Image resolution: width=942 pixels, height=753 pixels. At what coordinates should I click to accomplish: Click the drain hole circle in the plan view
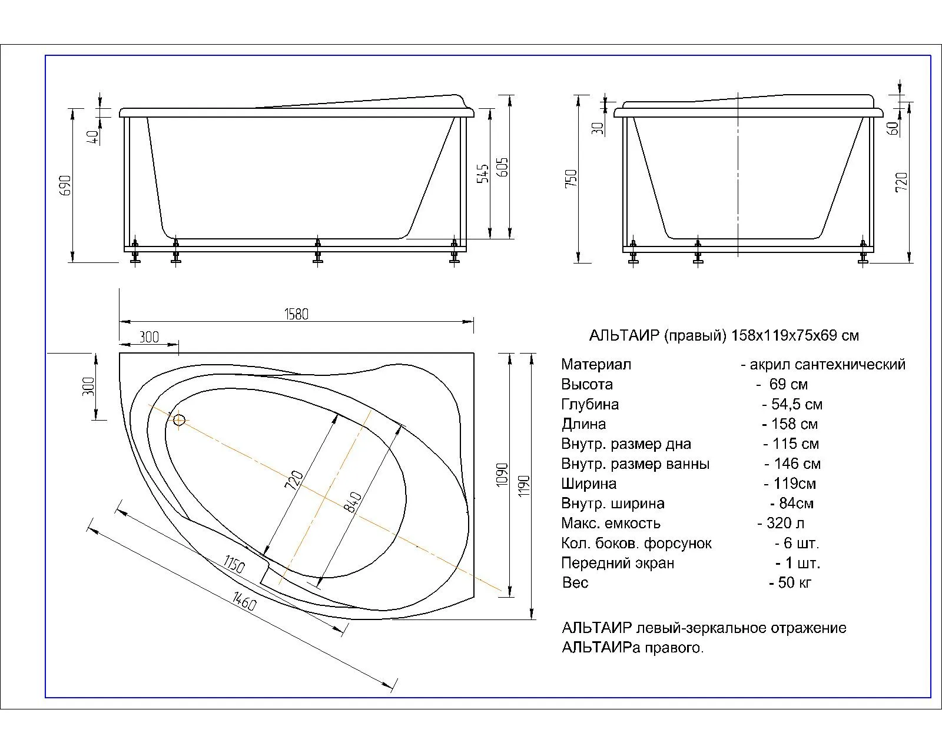tap(179, 419)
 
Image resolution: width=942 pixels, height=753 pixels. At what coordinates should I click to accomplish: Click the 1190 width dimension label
tap(525, 486)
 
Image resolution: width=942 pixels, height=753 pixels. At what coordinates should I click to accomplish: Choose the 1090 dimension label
tap(502, 474)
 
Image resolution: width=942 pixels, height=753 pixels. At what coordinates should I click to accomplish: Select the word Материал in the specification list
tap(596, 364)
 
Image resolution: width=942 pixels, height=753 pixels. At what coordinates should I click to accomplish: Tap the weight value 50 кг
tap(791, 582)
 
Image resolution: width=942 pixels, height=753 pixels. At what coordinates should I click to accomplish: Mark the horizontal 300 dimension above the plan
tap(150, 337)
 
